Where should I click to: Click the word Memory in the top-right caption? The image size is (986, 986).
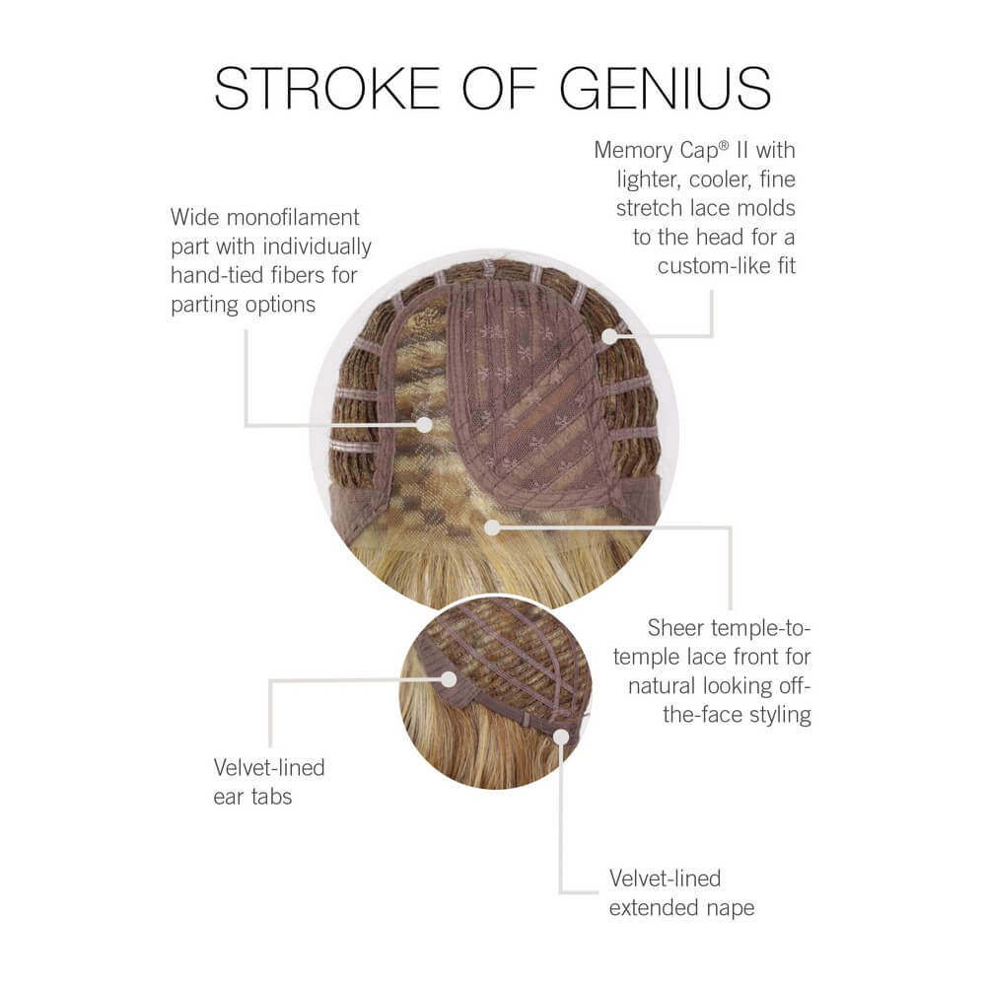[x=633, y=151]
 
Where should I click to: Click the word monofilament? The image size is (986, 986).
[x=293, y=218]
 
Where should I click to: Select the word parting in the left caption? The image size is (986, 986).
[x=205, y=305]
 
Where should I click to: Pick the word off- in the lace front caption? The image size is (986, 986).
[x=795, y=685]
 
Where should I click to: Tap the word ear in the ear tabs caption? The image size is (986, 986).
[x=228, y=798]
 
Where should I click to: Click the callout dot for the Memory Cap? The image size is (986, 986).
[x=608, y=336]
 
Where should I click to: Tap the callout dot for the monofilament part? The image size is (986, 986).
[x=424, y=425]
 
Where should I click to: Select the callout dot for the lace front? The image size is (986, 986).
[x=492, y=527]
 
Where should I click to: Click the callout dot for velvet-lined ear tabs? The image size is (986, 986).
[x=449, y=679]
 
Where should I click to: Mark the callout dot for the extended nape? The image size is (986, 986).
[x=561, y=737]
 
